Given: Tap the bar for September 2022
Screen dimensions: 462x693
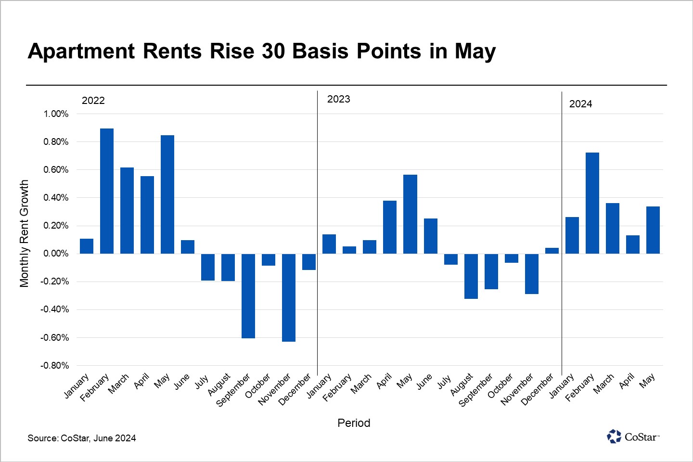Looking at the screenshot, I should point(248,296).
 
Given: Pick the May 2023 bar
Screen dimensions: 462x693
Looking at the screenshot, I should point(410,214).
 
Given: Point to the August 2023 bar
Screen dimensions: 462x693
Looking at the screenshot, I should point(471,276).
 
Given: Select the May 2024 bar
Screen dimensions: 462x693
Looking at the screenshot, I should point(653,230).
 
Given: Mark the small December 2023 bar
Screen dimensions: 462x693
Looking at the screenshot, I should point(552,251).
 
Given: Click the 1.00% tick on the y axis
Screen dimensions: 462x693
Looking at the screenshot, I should point(56,114).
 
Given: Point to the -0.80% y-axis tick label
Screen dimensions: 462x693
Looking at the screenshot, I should point(54,366).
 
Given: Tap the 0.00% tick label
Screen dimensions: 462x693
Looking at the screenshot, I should point(56,254).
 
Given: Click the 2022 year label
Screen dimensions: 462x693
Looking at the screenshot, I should point(93,101).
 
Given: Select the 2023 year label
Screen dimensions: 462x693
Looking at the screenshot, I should point(339,99).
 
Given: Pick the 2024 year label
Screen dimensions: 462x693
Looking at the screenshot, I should point(580,104).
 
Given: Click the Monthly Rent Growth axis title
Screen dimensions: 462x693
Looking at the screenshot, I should point(24,234).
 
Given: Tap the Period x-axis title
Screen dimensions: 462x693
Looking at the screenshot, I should point(354,423).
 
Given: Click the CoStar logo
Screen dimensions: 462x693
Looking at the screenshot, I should point(633,436).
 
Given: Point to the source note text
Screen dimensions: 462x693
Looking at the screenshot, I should point(82,438).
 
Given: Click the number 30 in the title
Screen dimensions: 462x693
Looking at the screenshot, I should point(274,51).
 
